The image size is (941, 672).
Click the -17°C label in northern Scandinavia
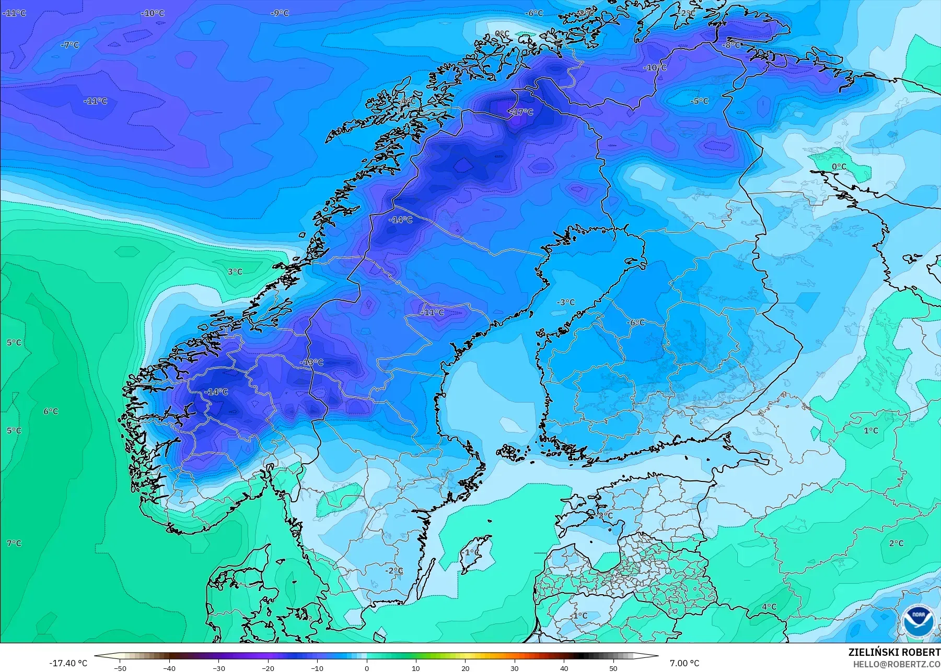pyautogui.click(x=521, y=112)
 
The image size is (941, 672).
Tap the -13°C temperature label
pyautogui.click(x=311, y=362)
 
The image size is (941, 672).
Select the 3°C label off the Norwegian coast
pyautogui.click(x=235, y=272)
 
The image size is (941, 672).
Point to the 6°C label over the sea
pyautogui.click(x=51, y=411)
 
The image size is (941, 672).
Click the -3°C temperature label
pyautogui.click(x=565, y=302)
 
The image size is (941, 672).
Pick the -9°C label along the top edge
pyautogui.click(x=280, y=13)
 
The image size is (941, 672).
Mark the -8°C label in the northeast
pyautogui.click(x=731, y=45)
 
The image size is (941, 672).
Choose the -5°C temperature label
pyautogui.click(x=699, y=101)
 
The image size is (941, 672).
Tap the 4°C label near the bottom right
pyautogui.click(x=769, y=607)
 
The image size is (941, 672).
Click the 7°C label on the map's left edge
pyautogui.click(x=14, y=543)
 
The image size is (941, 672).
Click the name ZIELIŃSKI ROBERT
pyautogui.click(x=894, y=653)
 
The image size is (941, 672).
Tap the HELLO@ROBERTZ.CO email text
pyautogui.click(x=897, y=664)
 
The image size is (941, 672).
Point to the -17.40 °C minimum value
pyautogui.click(x=68, y=663)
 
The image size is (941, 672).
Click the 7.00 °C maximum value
pyautogui.click(x=684, y=663)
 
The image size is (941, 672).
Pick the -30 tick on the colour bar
pyautogui.click(x=219, y=668)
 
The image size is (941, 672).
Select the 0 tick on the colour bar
pyautogui.click(x=367, y=668)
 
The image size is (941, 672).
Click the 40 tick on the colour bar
pyautogui.click(x=564, y=668)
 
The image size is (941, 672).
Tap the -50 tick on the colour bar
pyautogui.click(x=120, y=668)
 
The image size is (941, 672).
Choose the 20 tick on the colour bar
pyautogui.click(x=466, y=668)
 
